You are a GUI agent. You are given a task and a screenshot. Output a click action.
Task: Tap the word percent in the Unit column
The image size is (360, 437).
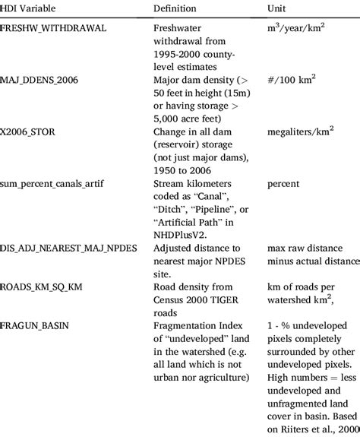283,183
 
